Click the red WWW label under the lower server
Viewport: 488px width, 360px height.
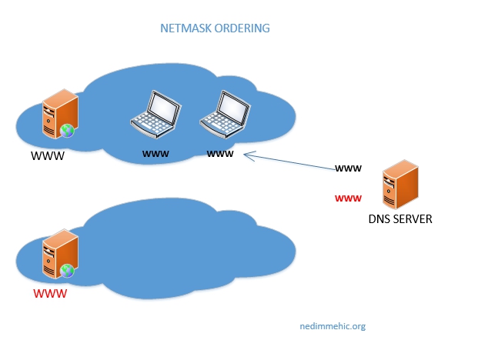click(x=49, y=295)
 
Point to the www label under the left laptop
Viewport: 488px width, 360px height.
click(x=155, y=153)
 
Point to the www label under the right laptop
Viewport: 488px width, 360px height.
click(x=220, y=153)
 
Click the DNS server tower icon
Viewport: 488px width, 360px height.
click(x=400, y=185)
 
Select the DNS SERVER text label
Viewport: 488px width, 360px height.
click(x=399, y=219)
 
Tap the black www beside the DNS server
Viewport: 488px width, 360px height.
click(x=349, y=168)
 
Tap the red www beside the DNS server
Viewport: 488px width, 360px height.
click(x=349, y=198)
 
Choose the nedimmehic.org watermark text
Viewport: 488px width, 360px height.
click(x=332, y=325)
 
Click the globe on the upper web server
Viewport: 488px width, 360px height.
click(x=68, y=130)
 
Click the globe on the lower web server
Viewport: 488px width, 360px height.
click(x=68, y=270)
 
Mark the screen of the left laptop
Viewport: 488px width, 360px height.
click(x=162, y=106)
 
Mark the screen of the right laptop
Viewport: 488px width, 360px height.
click(x=231, y=105)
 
